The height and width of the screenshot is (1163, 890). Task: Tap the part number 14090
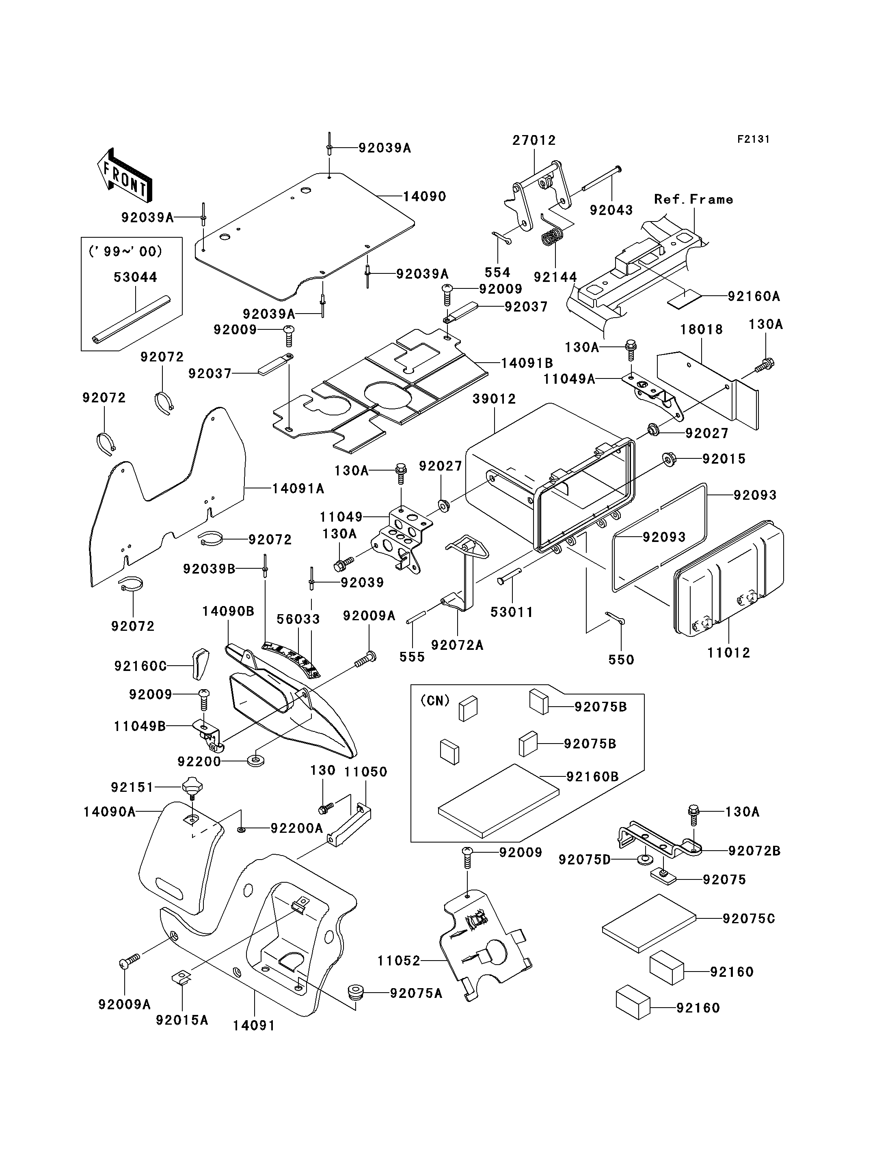[425, 196]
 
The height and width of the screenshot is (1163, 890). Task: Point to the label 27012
[534, 140]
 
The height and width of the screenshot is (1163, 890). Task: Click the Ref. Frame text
[693, 199]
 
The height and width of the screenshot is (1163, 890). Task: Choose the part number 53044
[135, 277]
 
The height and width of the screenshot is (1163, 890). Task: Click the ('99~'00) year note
[125, 252]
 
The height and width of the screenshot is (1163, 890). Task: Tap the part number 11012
[728, 653]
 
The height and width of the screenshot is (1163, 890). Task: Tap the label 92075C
[749, 918]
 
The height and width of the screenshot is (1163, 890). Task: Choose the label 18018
[702, 329]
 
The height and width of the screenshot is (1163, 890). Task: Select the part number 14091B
[527, 363]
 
